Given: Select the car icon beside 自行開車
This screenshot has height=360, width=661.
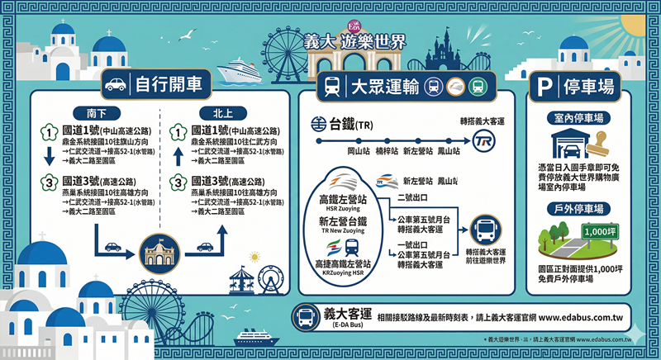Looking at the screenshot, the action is tap(115, 84).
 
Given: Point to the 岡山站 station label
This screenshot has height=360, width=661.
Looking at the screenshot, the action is tap(358, 152).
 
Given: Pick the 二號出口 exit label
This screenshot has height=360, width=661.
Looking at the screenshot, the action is tap(412, 197).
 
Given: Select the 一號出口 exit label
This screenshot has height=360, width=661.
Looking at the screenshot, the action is tap(412, 244).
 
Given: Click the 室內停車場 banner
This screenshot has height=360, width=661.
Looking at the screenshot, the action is tap(578, 118).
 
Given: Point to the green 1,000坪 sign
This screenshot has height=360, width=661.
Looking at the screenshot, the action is tap(599, 232).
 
